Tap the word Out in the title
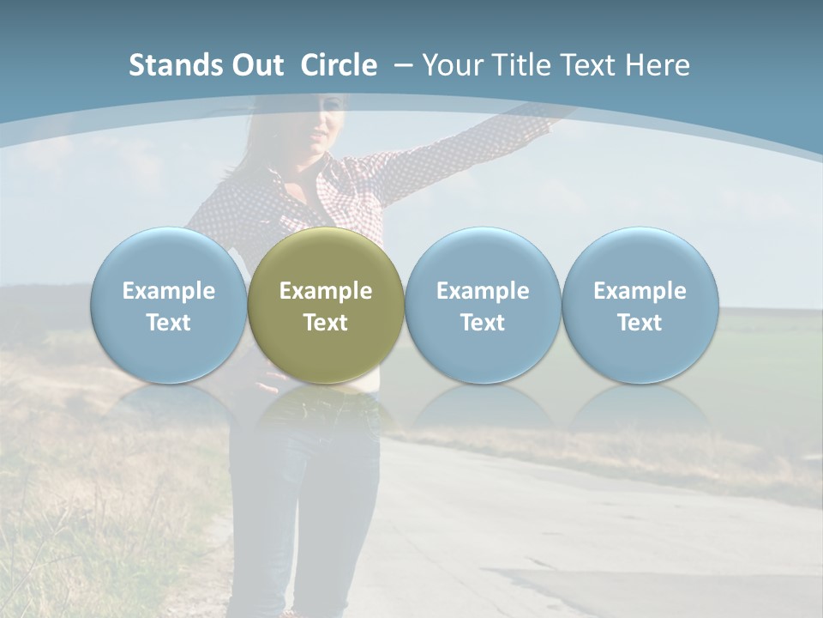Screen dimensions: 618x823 click(255, 65)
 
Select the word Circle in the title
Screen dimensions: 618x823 click(339, 65)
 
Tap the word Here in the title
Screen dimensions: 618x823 click(658, 65)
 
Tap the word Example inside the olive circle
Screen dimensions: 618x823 click(326, 291)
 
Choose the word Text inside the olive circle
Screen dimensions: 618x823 click(326, 323)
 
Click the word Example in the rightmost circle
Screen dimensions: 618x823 click(640, 291)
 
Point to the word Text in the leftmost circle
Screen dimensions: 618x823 click(168, 323)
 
